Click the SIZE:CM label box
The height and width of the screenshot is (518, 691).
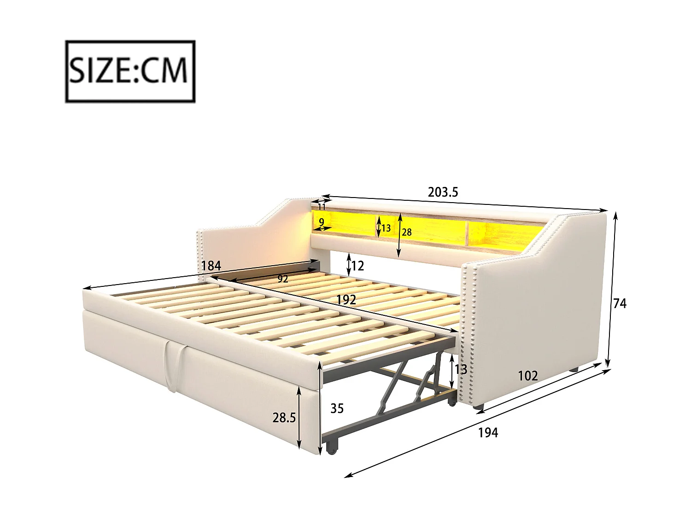point(130,71)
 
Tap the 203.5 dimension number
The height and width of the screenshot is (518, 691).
point(443,192)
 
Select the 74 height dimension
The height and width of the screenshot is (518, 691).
point(620,303)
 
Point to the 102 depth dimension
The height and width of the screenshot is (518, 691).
point(527,376)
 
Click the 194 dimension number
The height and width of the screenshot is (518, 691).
point(488,432)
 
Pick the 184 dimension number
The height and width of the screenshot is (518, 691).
point(211,266)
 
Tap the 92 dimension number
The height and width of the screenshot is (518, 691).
point(282,279)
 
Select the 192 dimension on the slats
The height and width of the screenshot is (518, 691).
point(345,300)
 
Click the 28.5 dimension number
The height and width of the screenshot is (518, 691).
point(284,418)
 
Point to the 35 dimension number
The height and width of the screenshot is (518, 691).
point(337,408)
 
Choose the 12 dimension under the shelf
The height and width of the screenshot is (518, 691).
point(357,266)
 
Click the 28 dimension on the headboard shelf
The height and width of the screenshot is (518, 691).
point(406,232)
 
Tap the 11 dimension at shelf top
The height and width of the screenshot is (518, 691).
point(322,207)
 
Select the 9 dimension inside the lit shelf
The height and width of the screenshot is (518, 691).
point(322,221)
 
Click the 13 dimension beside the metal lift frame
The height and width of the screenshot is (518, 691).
point(461,369)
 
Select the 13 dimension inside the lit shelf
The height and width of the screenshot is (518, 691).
point(386,228)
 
